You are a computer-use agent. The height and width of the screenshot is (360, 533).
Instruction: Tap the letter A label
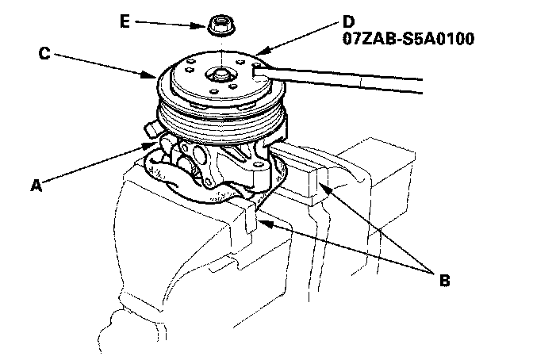pyautogui.click(x=35, y=184)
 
